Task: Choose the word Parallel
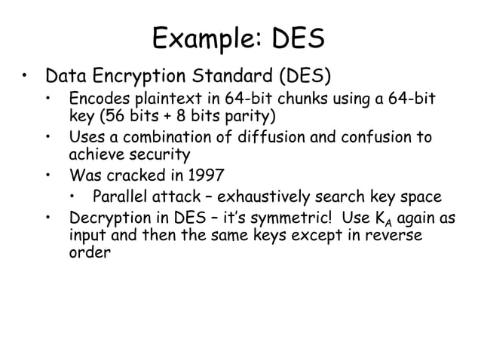point(122,197)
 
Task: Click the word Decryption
point(109,219)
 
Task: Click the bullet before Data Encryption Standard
point(25,76)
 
